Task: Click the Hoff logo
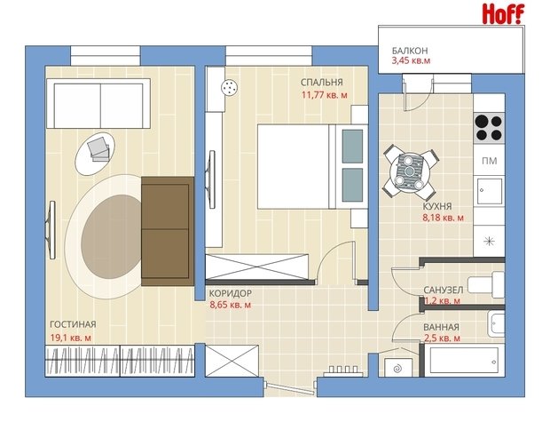[503, 13]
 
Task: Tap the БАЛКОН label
[410, 51]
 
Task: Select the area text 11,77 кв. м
[325, 95]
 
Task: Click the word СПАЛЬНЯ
[322, 83]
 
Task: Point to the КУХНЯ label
[437, 206]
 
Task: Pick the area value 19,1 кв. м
[71, 338]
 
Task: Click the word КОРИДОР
[231, 293]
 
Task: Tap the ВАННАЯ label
[441, 327]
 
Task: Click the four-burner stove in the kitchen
[489, 128]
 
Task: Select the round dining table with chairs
[410, 171]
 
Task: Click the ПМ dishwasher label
[490, 161]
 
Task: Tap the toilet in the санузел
[486, 284]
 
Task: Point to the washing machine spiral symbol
[397, 369]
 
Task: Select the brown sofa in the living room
[168, 231]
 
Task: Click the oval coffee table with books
[95, 154]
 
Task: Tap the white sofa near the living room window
[98, 103]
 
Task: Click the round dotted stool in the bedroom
[230, 87]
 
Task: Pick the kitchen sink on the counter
[490, 192]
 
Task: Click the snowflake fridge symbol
[489, 242]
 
